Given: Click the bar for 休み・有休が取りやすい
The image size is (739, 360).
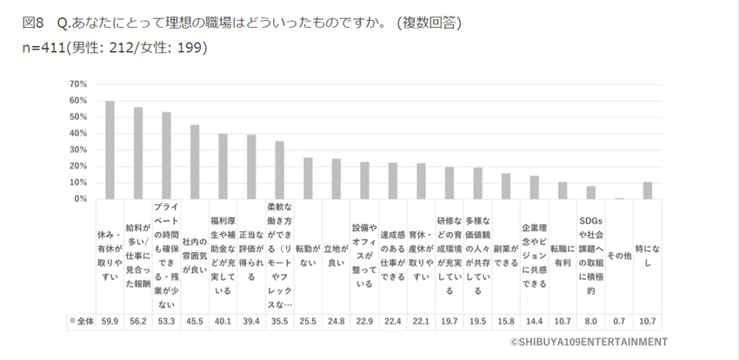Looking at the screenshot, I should pos(110,150).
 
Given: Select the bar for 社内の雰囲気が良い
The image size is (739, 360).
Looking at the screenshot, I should pos(195,162).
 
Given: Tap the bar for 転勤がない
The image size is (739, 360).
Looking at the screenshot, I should pos(308,178).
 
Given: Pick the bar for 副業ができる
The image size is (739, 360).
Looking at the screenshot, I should pos(506,186).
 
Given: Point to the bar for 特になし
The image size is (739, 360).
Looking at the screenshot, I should pos(647,190).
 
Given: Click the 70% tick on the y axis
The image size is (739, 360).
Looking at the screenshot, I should pos(78,83).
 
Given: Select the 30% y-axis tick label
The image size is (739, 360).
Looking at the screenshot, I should pos(78,150).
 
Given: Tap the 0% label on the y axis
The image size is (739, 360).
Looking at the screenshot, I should pos(81,199).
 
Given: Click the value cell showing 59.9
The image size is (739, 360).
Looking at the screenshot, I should pos(110,321).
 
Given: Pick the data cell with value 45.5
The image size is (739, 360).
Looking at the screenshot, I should pos(195,321).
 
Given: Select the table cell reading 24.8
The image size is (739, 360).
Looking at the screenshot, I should pos(336,321).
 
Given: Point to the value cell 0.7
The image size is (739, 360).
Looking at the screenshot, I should pos(619,321).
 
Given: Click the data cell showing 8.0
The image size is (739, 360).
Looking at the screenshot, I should pos(591,321).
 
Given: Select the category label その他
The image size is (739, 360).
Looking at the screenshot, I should pos(619,255).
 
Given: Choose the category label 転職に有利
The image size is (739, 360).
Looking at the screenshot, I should pos(563,255).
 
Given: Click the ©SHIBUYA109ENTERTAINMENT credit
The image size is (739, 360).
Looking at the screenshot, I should pos(589,342).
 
